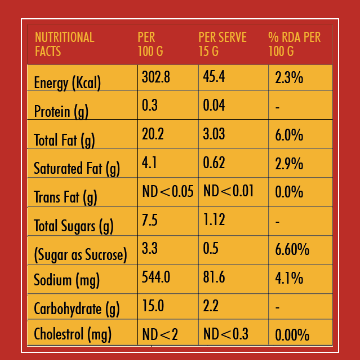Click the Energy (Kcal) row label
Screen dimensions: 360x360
67,83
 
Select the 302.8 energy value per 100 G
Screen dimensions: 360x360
156,77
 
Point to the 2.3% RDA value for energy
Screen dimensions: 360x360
289,78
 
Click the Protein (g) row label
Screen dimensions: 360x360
61,112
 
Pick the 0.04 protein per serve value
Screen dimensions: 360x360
214,105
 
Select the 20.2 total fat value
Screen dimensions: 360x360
153,134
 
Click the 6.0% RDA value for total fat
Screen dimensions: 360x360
289,135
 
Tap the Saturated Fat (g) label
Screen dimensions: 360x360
77,169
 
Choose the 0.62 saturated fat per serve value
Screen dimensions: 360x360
214,163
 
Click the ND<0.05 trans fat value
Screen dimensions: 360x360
168,191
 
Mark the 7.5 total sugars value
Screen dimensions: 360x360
150,220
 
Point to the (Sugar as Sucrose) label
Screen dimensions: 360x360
80,255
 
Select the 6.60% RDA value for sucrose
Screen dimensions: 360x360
292,250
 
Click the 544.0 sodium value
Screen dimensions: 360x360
156,277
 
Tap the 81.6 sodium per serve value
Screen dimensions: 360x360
214,277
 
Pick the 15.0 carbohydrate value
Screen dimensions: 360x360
153,306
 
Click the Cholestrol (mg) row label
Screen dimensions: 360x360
73,334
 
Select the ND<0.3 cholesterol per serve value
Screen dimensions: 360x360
226,334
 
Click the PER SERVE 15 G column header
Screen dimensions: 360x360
222,44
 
